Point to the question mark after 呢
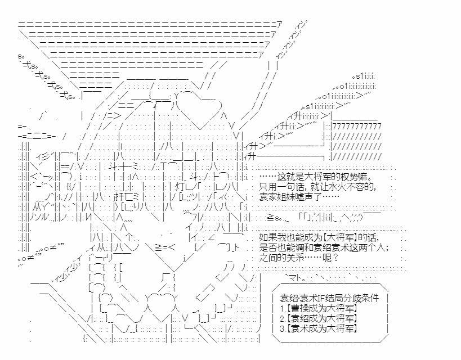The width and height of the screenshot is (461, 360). (335, 258)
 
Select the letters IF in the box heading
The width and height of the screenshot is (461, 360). (321, 298)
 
